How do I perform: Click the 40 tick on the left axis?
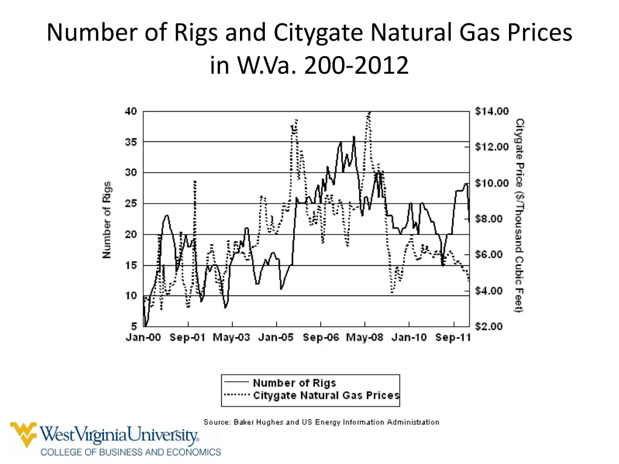pyautogui.click(x=131, y=111)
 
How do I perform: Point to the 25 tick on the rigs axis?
pyautogui.click(x=131, y=204)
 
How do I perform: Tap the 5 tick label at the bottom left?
pyautogui.click(x=134, y=326)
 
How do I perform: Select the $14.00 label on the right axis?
pyautogui.click(x=491, y=111)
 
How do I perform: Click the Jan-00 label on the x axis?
pyautogui.click(x=143, y=338)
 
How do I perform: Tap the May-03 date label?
pyautogui.click(x=231, y=338)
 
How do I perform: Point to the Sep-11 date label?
pyautogui.click(x=452, y=338)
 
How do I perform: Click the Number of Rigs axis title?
pyautogui.click(x=107, y=220)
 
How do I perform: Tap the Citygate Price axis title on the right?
pyautogui.click(x=519, y=216)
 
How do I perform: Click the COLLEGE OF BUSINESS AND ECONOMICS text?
pyautogui.click(x=131, y=452)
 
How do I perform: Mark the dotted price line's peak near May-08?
pyautogui.click(x=369, y=112)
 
